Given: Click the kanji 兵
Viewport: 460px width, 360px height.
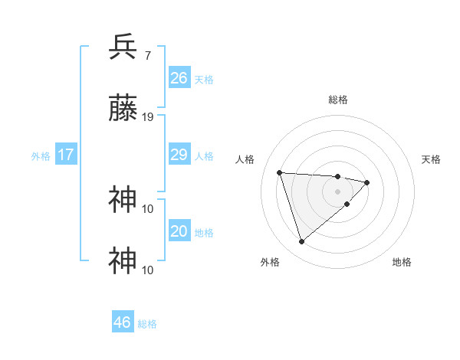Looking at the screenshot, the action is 123,47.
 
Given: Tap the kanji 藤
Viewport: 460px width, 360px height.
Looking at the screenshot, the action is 123,109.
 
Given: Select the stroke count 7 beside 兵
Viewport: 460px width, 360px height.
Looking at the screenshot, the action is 147,56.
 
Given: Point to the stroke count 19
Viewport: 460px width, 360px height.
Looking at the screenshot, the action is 148,117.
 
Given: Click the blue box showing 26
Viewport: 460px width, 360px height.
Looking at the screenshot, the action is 179,78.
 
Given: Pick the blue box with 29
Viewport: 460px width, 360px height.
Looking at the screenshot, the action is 179,155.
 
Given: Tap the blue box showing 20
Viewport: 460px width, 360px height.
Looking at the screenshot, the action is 179,232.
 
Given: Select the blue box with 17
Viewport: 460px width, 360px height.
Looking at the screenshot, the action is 66,155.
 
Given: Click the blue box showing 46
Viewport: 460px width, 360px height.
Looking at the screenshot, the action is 122,322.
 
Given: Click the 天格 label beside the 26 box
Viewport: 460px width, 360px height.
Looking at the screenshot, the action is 204,80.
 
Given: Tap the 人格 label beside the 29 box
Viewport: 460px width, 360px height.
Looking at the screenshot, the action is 204,156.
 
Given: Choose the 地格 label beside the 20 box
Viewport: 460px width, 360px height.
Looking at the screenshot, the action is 204,233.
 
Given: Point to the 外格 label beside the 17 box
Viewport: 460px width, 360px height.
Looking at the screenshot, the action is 41,156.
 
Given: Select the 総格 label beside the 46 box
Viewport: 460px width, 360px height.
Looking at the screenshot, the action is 147,324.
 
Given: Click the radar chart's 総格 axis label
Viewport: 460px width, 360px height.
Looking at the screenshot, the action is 338,100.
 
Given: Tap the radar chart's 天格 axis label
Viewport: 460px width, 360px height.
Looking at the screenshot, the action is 432,159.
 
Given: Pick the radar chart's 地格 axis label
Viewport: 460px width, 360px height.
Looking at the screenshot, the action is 402,262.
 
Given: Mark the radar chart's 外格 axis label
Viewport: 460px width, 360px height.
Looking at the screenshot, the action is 270,262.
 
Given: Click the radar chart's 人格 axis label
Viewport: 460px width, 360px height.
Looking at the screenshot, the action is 245,159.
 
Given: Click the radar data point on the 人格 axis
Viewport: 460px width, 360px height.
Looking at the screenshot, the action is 280,172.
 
